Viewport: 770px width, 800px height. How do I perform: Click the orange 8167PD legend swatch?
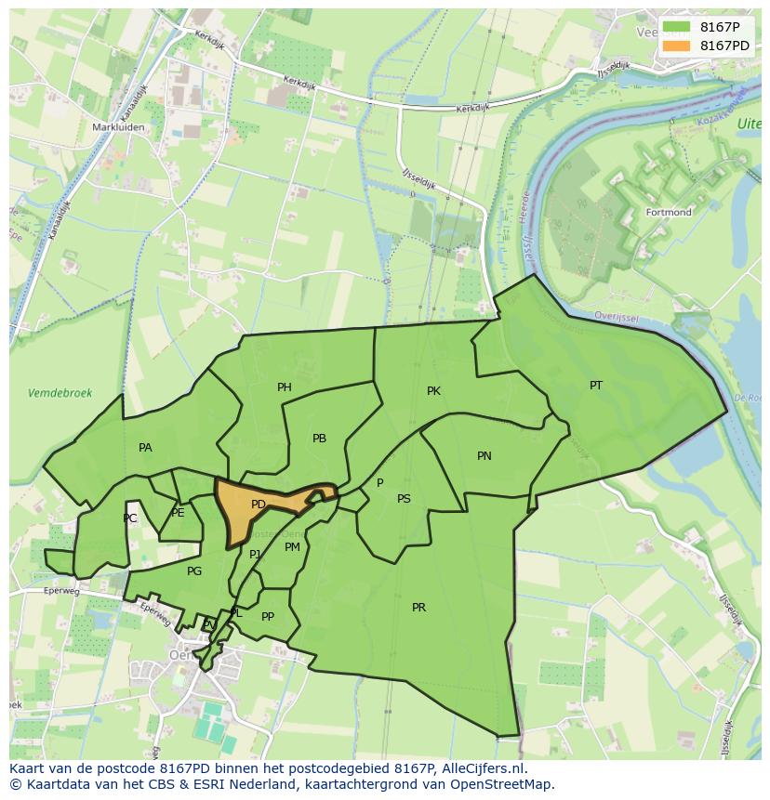coord(678,46)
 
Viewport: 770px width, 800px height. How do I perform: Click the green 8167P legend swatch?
coord(678,27)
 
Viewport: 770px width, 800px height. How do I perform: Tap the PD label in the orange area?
coord(259,505)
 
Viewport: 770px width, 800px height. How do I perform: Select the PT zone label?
coord(596,385)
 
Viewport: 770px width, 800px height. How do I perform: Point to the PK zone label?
coord(433,391)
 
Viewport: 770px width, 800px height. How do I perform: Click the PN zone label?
coord(485,455)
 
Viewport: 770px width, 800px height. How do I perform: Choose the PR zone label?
coord(418,607)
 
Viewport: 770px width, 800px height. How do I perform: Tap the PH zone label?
coord(285,387)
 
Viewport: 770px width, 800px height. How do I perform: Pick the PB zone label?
coord(319,439)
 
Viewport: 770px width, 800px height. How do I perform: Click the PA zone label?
coord(145,448)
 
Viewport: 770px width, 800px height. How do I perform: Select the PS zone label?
coord(404,499)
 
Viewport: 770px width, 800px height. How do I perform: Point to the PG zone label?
coord(194,571)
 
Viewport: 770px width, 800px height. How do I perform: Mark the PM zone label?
coord(292,547)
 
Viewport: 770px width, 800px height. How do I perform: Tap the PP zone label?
coord(268,616)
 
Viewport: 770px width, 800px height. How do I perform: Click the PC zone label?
coord(130,518)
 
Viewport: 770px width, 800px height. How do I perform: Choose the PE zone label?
coord(178,513)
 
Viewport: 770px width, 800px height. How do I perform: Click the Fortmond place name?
coord(668,213)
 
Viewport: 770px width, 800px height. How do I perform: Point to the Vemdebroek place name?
coord(60,393)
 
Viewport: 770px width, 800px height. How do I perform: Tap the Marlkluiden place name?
coord(116,126)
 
